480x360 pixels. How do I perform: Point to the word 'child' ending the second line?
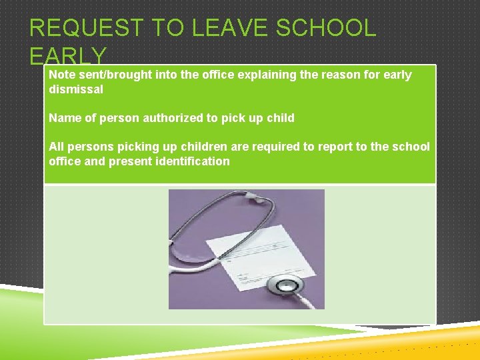280,118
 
